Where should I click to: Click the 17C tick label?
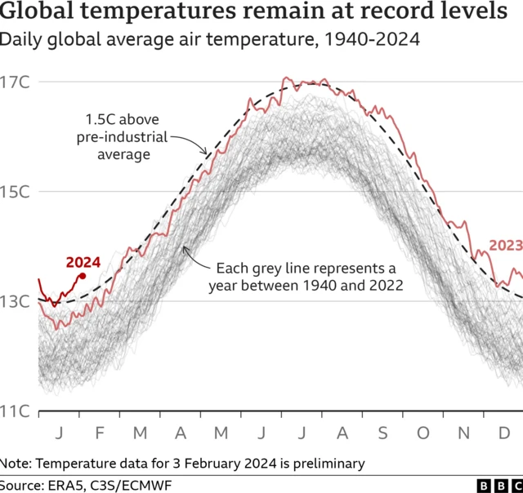tap(16, 82)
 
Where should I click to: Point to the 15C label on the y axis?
tap(16, 192)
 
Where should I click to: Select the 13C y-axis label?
tap(16, 302)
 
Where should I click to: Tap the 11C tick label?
tap(16, 411)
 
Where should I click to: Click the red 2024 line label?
tap(83, 262)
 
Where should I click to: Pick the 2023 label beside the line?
tap(506, 246)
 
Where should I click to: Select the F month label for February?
tap(100, 432)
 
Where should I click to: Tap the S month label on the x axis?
tap(382, 432)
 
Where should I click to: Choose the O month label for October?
tap(423, 432)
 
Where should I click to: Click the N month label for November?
tap(464, 432)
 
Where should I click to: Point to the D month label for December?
tap(505, 432)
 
